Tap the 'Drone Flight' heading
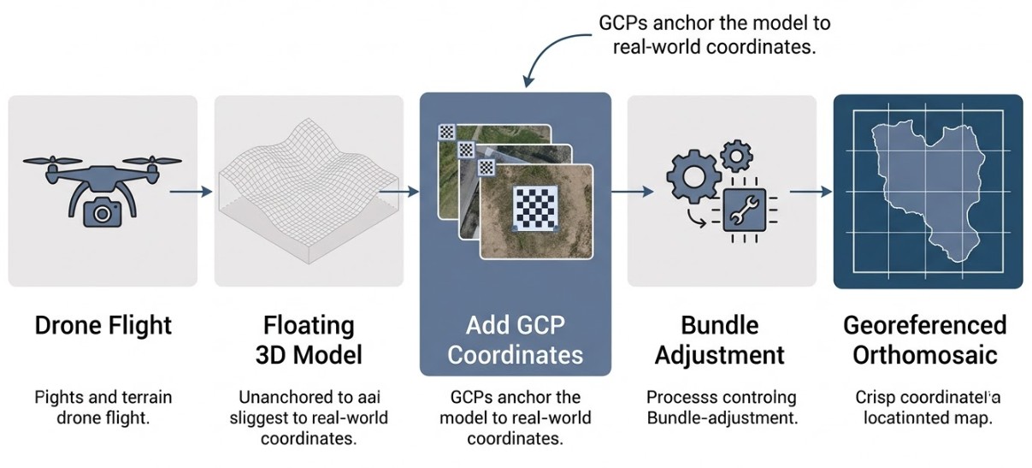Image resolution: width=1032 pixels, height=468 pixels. point(103,326)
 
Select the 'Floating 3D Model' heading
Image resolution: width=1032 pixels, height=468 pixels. point(308,340)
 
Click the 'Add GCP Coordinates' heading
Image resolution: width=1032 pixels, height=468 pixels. point(515,340)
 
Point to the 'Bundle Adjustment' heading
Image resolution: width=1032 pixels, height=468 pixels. point(721,340)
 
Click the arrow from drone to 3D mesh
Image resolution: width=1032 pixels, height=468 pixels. point(191,192)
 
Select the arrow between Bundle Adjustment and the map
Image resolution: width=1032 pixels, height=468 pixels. point(809,192)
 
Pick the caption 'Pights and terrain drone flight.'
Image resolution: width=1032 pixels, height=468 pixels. point(103,407)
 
